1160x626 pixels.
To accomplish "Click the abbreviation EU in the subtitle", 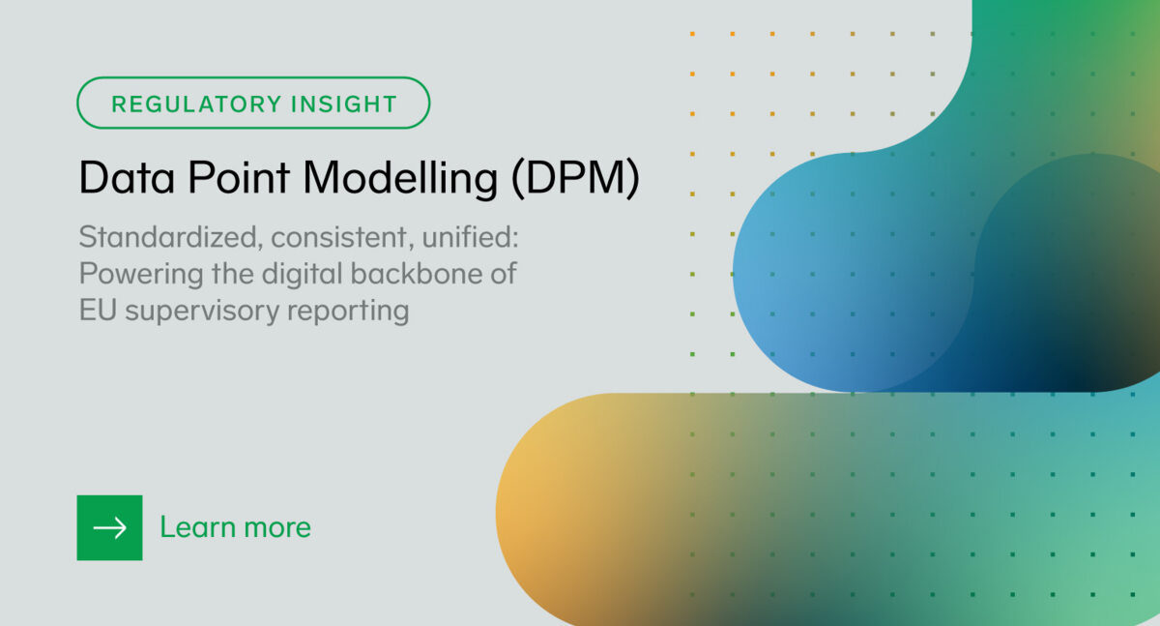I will [95, 311].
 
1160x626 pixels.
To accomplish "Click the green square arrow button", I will [109, 527].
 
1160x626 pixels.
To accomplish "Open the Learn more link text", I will [235, 527].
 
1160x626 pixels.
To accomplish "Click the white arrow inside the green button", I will [109, 527].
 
